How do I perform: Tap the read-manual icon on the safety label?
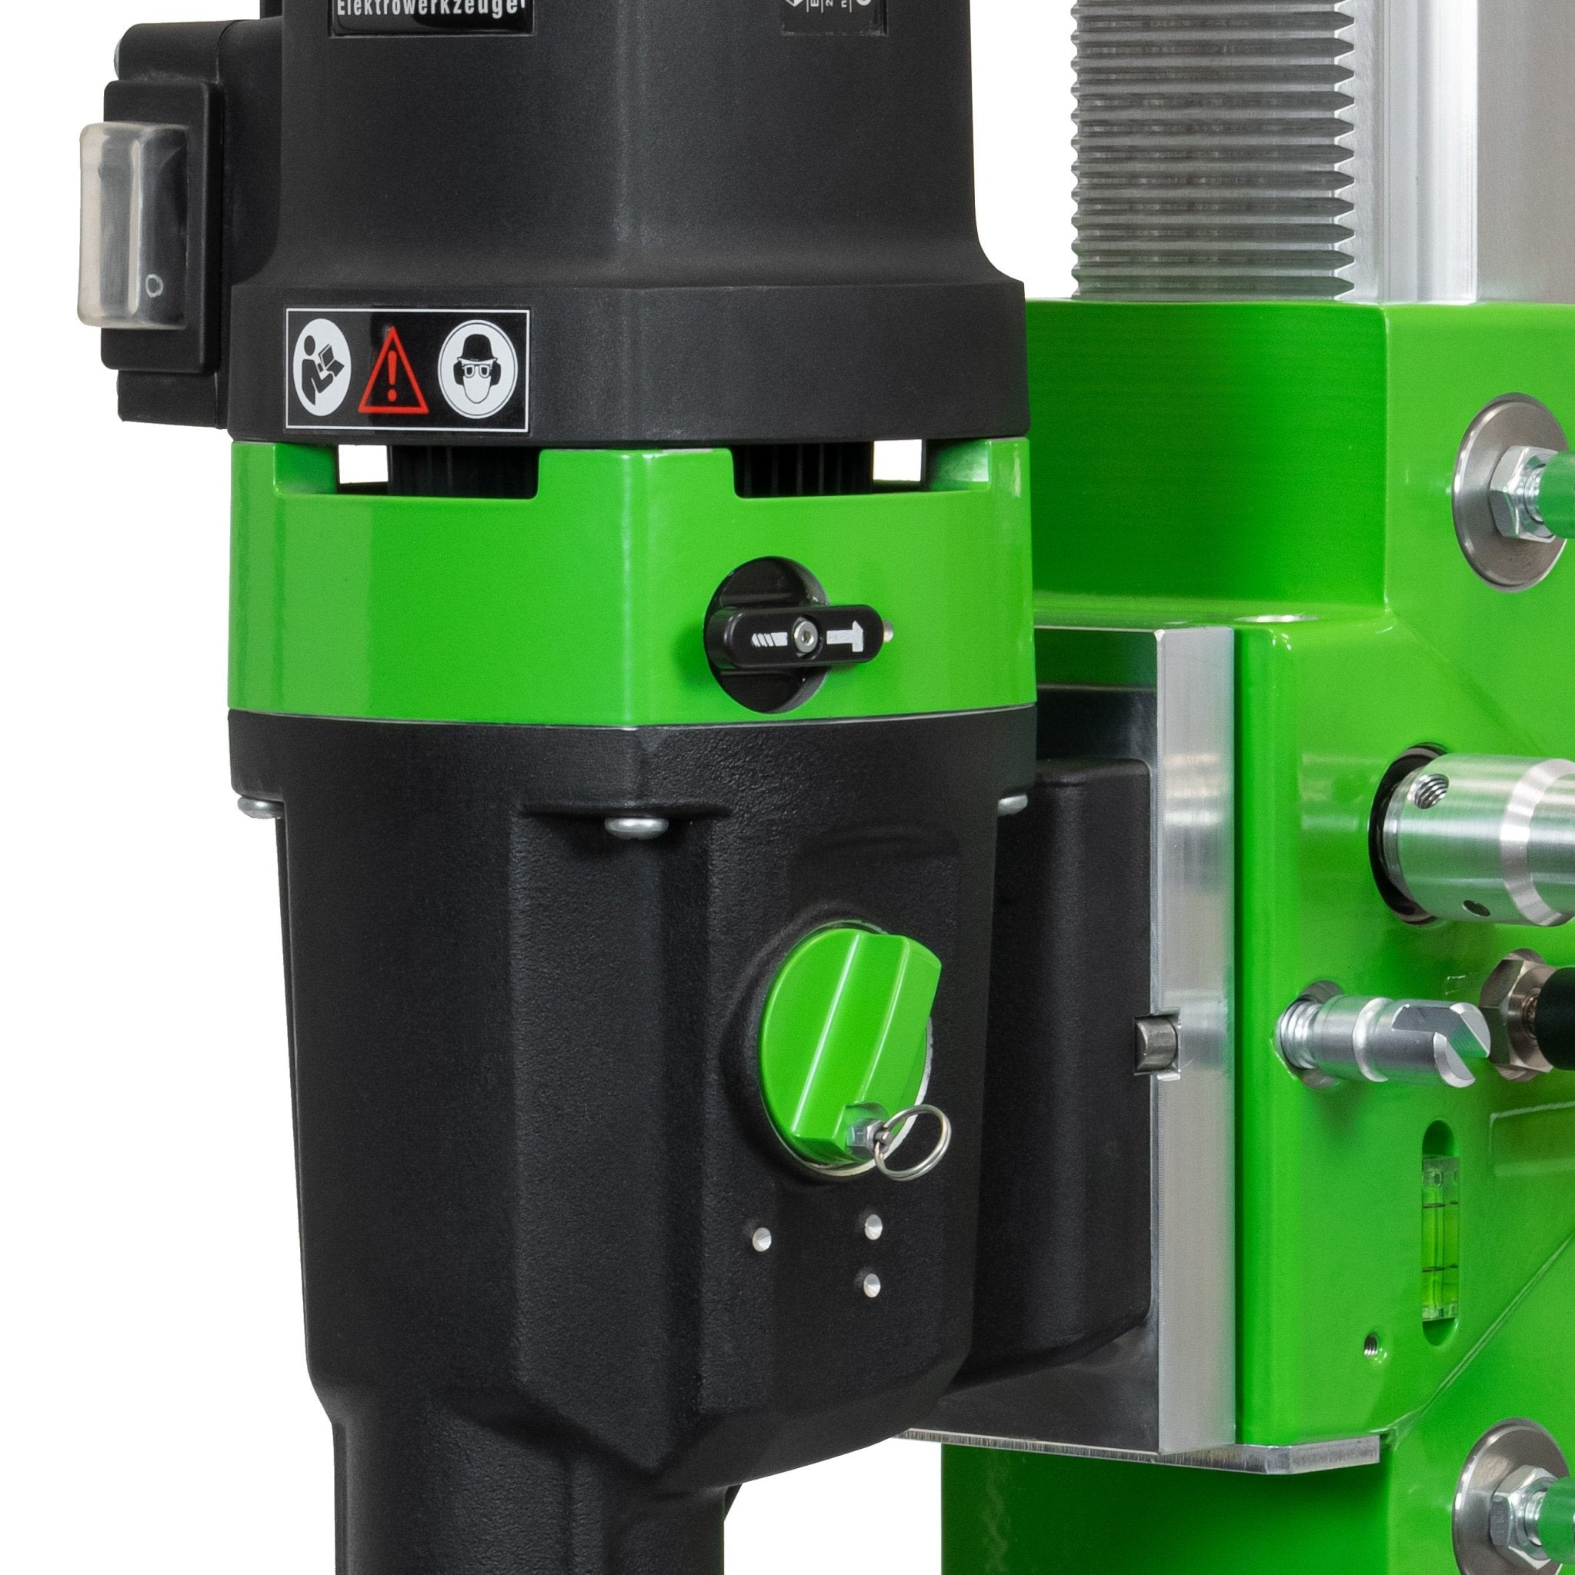point(322,368)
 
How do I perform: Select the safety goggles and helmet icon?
point(476,369)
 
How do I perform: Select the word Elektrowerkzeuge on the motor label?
point(432,11)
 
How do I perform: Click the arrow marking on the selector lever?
point(846,636)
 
